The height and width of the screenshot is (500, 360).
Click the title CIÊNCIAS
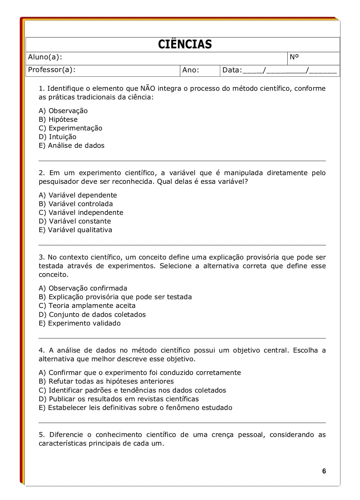coord(185,44)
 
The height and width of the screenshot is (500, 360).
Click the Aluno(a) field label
coord(45,57)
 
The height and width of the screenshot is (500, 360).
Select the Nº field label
coord(294,57)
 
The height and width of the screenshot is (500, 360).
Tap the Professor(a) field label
coord(52,70)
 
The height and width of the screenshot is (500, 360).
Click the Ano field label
coord(190,70)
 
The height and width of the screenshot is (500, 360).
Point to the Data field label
coord(232,70)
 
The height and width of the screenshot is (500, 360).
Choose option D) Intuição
coord(58,137)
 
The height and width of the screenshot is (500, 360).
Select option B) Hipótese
coord(58,119)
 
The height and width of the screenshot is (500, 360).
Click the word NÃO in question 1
coord(148,88)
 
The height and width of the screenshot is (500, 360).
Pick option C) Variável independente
coord(81,212)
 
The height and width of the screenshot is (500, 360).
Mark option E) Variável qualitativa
coord(76,230)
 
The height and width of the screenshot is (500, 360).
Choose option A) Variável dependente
coord(78,195)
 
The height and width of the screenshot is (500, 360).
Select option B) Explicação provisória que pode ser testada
coord(115,297)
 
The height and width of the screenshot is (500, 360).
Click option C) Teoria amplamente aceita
coord(87,306)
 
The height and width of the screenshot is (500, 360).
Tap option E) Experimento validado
coord(80,323)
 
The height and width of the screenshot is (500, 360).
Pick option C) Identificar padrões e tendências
coord(132,390)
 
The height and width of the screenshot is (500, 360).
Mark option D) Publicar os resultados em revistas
coord(119,399)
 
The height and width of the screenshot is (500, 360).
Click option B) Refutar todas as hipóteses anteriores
coord(106,381)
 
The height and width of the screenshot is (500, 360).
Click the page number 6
coord(324,471)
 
